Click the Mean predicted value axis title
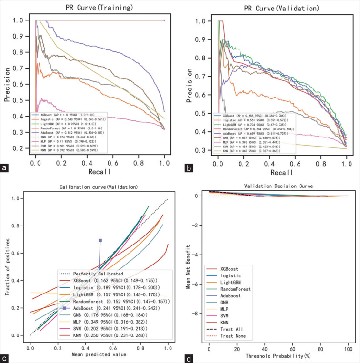point(99,355)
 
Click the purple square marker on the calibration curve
point(100,241)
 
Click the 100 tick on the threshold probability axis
point(348,350)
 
